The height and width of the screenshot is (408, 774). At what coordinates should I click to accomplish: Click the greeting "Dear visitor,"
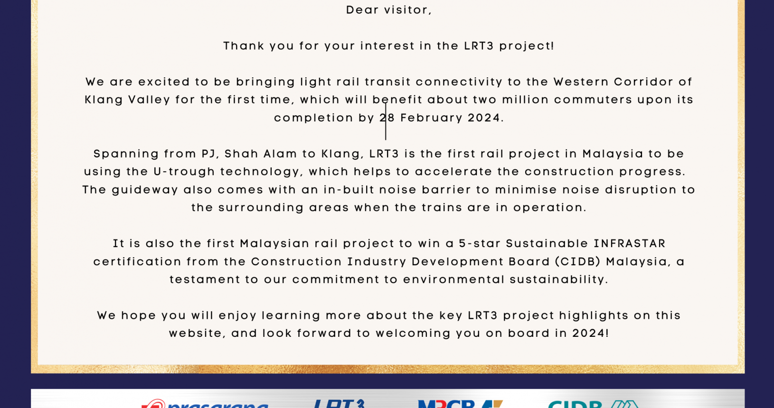389,10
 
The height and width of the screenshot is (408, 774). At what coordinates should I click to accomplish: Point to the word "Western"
581,82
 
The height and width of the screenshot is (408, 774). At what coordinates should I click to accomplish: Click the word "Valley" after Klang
149,100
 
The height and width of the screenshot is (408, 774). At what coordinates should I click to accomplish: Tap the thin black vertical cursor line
386,121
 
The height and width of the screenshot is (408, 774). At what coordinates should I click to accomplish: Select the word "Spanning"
126,154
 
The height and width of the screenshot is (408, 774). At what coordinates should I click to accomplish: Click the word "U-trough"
185,172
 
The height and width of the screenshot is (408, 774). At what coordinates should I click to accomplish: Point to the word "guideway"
145,190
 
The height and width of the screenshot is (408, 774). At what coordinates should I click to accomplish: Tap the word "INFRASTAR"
630,244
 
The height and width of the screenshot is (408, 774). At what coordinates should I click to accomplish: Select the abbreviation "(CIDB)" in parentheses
578,262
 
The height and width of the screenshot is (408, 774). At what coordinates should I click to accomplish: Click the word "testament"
205,279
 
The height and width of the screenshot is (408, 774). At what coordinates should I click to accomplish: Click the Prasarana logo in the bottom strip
205,404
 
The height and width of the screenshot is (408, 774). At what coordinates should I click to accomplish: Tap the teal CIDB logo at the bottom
593,404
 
